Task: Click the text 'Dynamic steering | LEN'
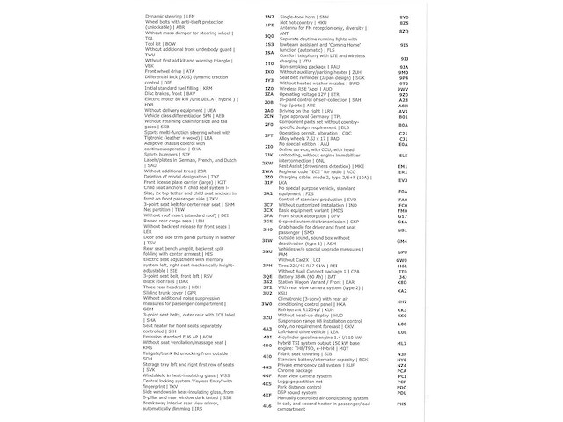(x=172, y=17)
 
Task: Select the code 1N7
(x=268, y=17)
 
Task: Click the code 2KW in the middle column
(x=268, y=164)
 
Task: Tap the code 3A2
(x=268, y=193)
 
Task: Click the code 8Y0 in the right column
(x=404, y=17)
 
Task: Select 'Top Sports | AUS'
(x=308, y=104)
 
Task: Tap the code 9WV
(x=404, y=89)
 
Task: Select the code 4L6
(x=268, y=406)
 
